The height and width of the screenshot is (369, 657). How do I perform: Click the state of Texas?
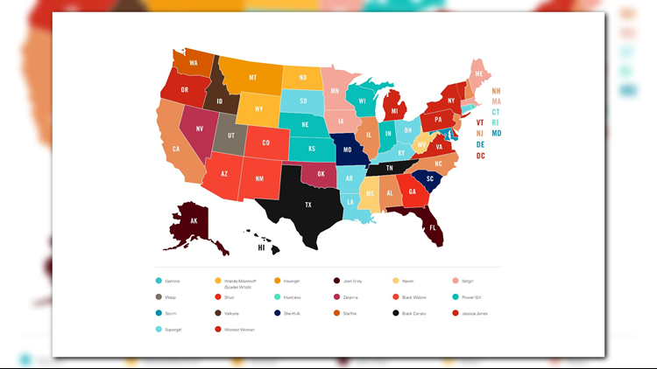pyautogui.click(x=308, y=205)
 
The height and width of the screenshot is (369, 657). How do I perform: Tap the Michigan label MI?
pyautogui.click(x=395, y=111)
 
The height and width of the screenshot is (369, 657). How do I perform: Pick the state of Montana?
pyautogui.click(x=253, y=77)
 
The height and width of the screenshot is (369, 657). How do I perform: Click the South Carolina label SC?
pyautogui.click(x=430, y=178)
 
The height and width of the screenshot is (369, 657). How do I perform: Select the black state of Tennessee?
pyautogui.click(x=390, y=168)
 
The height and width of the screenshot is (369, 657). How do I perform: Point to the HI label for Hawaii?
pyautogui.click(x=261, y=247)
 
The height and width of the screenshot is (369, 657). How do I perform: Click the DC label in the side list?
pyautogui.click(x=481, y=156)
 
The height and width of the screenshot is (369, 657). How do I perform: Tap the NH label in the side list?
pyautogui.click(x=497, y=90)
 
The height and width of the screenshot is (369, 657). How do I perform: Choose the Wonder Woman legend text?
pyautogui.click(x=240, y=329)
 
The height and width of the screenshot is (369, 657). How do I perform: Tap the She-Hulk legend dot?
pyautogui.click(x=277, y=312)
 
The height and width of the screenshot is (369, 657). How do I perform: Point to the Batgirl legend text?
pyautogui.click(x=474, y=281)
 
